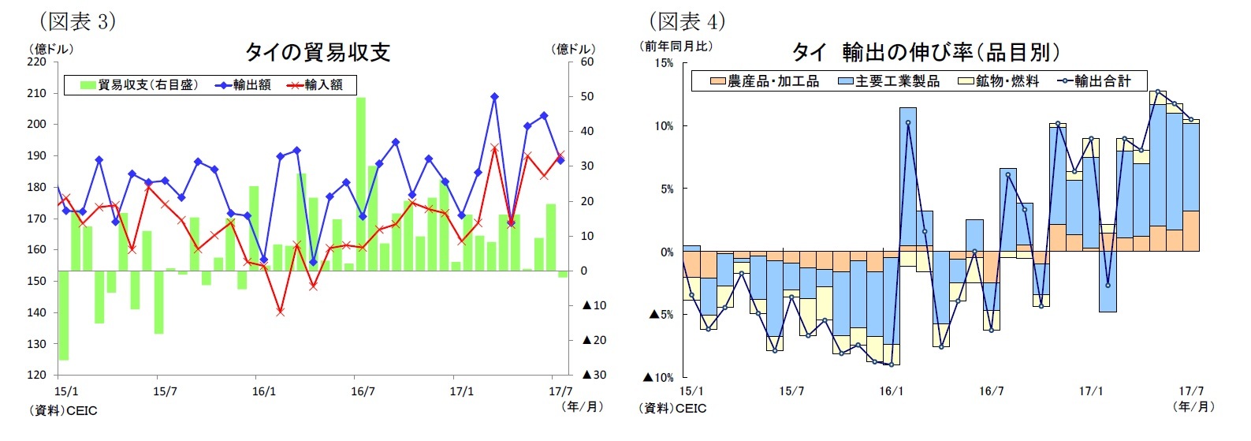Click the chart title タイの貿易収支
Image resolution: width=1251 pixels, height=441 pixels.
[x=317, y=52]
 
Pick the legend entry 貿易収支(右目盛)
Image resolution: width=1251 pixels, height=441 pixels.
[x=140, y=85]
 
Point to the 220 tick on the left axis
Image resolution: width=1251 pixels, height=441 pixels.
[x=37, y=62]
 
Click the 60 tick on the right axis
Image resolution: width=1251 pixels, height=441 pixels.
[x=587, y=62]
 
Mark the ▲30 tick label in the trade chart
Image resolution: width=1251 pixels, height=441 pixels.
[x=594, y=375]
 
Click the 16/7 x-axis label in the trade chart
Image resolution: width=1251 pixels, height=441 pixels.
[x=363, y=391]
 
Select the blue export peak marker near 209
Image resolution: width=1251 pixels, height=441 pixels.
[x=494, y=96]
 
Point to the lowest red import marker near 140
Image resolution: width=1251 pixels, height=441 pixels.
[x=280, y=312]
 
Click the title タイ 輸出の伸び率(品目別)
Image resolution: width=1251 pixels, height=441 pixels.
[x=925, y=52]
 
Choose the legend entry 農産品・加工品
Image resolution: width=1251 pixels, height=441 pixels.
[x=765, y=81]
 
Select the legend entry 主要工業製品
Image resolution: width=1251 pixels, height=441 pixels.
[x=888, y=81]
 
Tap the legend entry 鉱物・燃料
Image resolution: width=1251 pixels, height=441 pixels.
[x=999, y=81]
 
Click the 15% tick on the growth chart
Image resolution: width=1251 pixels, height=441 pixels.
[x=664, y=63]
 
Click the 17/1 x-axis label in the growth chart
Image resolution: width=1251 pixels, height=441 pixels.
[x=1091, y=391]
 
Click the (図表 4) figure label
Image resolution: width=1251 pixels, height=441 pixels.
[x=686, y=21]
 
